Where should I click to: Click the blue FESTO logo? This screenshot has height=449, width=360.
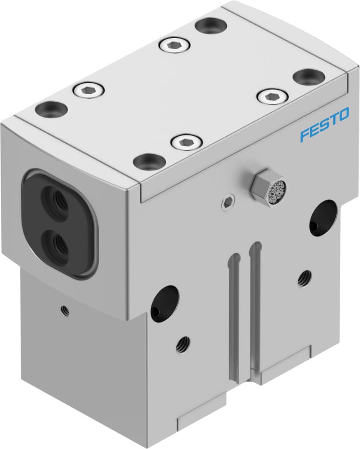tap(324, 125)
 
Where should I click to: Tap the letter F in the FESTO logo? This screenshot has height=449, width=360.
tap(305, 135)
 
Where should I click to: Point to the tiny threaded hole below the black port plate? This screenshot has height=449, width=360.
tap(65, 310)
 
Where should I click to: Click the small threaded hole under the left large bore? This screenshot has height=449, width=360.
tap(183, 344)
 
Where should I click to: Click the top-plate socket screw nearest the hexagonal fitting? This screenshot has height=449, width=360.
tap(186, 142)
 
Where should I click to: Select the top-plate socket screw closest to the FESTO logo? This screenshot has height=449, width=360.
tap(272, 96)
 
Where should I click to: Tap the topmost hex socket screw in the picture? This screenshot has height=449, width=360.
tap(175, 44)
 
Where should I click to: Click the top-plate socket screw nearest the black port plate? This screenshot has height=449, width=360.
tap(89, 90)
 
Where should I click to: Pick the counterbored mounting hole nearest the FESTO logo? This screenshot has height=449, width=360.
tap(309, 77)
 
